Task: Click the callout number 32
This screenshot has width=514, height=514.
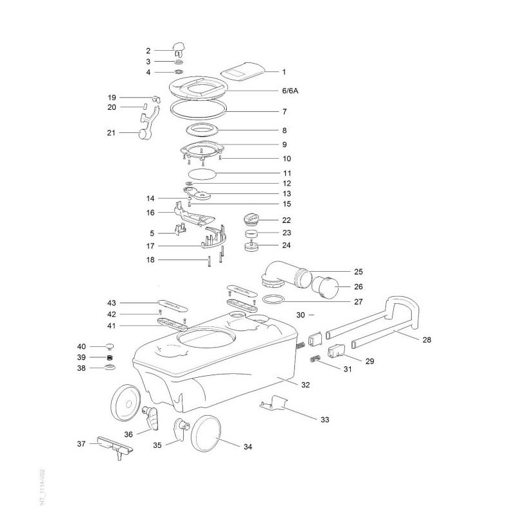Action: [x=306, y=385]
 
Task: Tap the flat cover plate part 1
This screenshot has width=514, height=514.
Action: [x=242, y=72]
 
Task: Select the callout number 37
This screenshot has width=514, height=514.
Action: [x=81, y=444]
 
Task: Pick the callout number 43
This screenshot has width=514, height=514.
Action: [x=112, y=302]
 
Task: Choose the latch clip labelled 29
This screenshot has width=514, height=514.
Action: [x=337, y=351]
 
